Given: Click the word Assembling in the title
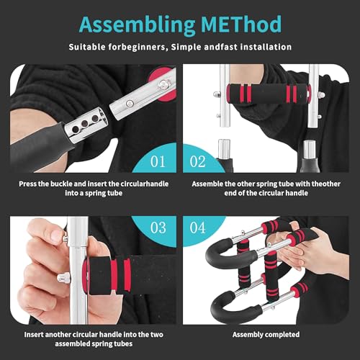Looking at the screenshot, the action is pyautogui.click(x=137, y=25).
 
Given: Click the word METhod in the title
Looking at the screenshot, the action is pyautogui.click(x=241, y=24).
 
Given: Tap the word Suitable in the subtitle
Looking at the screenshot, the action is pyautogui.click(x=86, y=47).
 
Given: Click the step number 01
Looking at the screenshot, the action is pyautogui.click(x=158, y=161).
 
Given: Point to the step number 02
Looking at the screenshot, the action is pyautogui.click(x=197, y=161).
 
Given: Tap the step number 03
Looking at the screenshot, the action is pyautogui.click(x=158, y=228).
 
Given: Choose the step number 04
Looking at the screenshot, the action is pyautogui.click(x=197, y=228).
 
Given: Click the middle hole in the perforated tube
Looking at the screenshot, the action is pyautogui.click(x=84, y=124).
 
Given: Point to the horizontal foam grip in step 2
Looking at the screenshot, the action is pyautogui.click(x=268, y=94).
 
